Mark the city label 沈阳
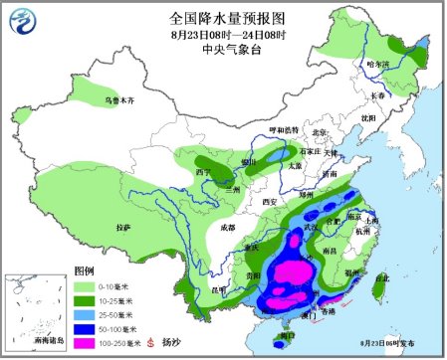(x=368, y=116)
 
